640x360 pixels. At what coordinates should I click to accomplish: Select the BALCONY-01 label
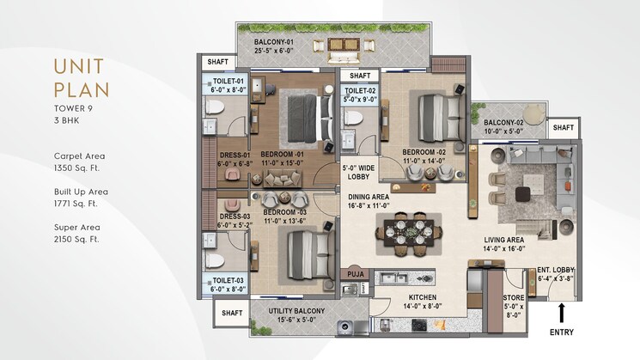[x=275, y=42]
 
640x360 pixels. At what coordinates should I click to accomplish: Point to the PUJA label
[x=354, y=275]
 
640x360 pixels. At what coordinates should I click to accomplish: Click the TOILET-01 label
[x=228, y=82]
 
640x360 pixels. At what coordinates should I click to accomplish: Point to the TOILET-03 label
[x=228, y=279]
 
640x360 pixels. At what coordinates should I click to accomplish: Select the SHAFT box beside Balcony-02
[x=564, y=128]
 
